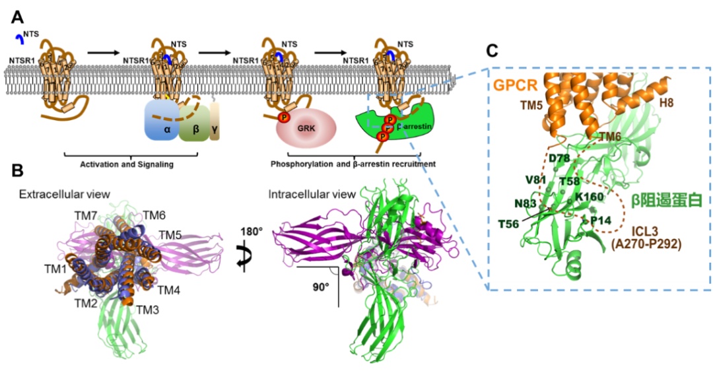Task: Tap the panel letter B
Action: click(18, 171)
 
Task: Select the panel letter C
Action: click(492, 50)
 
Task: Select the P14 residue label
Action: click(600, 219)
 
